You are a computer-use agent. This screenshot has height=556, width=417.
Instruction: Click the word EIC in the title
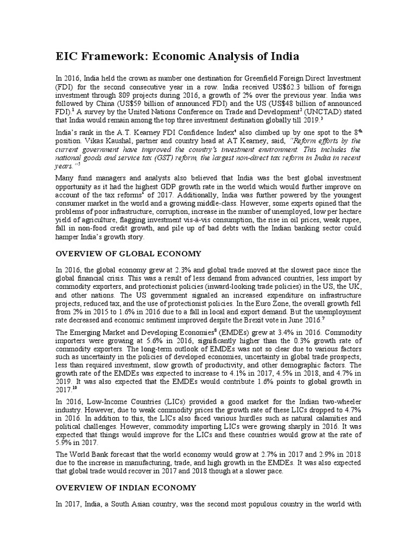[x=68, y=56]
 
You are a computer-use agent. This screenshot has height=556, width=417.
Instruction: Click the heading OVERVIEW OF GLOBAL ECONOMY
[x=129, y=254]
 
